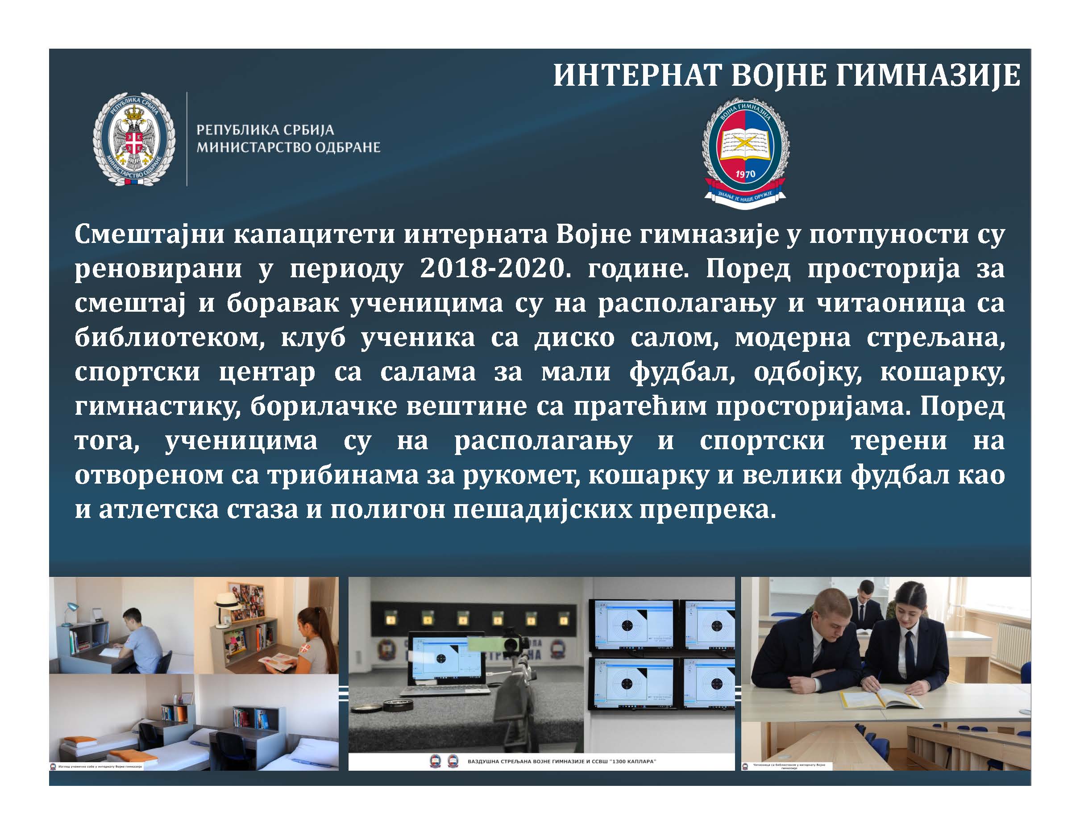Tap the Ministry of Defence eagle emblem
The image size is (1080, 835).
[134, 139]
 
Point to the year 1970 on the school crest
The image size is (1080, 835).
[745, 174]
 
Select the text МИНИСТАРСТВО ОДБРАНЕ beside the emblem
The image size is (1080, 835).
[289, 147]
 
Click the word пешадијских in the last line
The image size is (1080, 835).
[544, 510]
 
